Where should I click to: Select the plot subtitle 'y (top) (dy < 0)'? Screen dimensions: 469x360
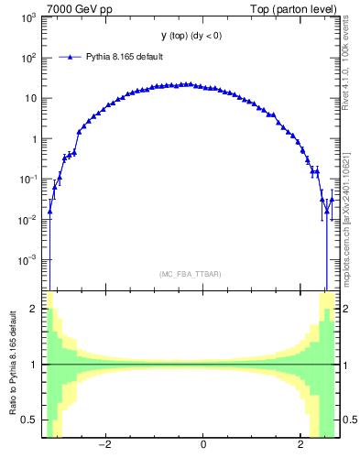[190, 36]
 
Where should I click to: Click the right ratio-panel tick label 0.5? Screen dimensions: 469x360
[348, 420]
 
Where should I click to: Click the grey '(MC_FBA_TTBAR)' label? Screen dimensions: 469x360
[190, 274]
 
